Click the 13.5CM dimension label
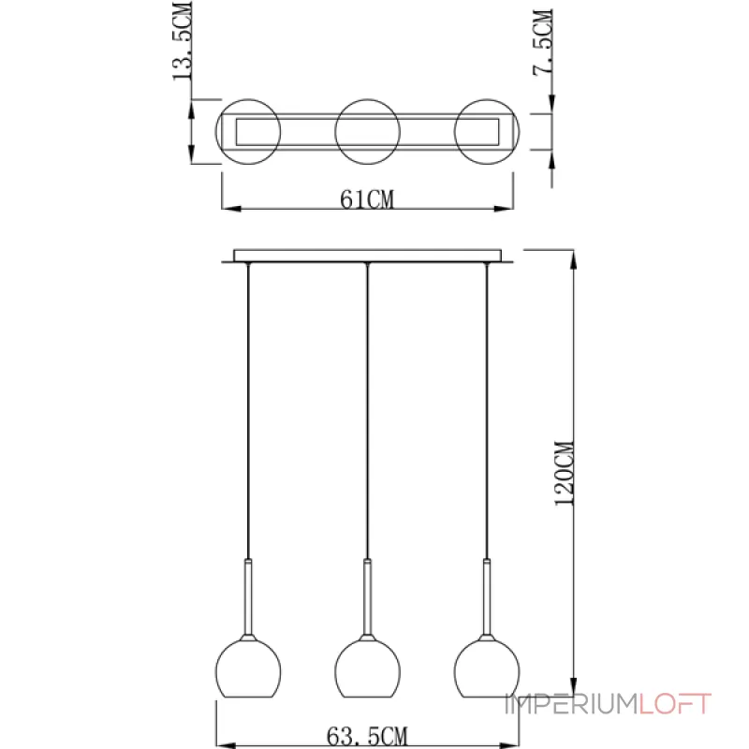[x=183, y=40]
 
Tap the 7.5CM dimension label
[x=543, y=42]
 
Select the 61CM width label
[x=367, y=199]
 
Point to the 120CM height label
[x=565, y=474]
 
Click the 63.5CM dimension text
[x=367, y=736]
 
